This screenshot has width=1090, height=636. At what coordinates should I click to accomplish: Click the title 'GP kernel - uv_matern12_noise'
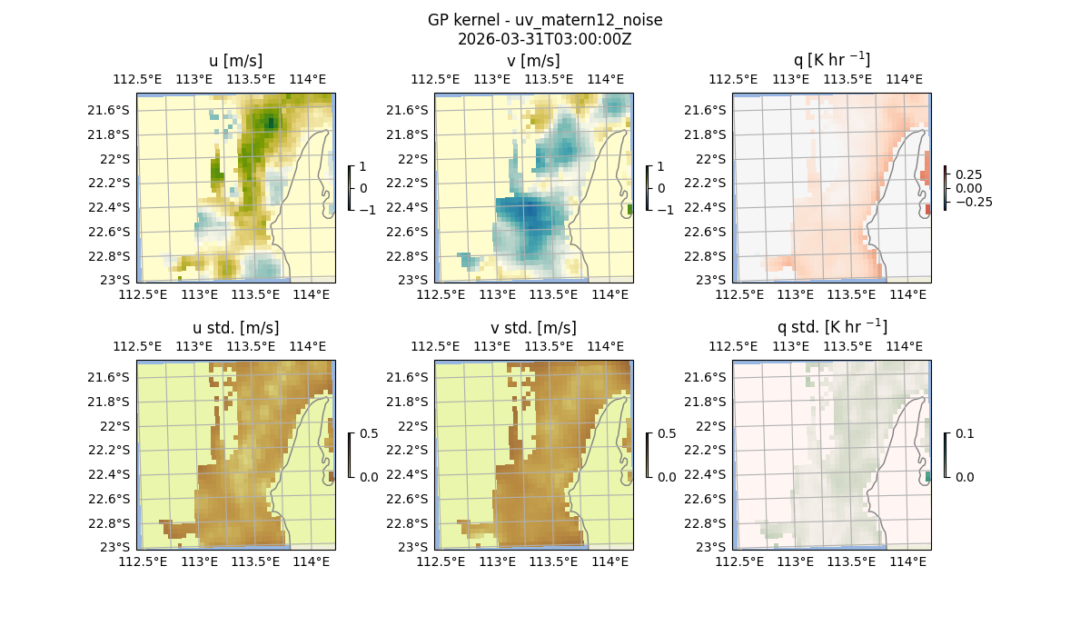coord(545,20)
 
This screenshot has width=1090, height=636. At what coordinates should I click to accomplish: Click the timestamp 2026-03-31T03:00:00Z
coord(545,39)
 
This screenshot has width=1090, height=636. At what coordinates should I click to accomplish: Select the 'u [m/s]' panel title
coord(236,61)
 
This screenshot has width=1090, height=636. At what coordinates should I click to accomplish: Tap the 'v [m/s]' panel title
coord(534,61)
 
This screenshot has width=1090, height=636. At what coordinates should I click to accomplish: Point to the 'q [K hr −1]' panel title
coord(831,60)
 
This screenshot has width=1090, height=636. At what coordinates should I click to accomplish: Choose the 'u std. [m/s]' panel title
coord(236,328)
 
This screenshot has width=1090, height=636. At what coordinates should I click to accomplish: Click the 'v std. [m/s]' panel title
coord(534,328)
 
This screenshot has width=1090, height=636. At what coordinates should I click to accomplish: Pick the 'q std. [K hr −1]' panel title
coord(831,327)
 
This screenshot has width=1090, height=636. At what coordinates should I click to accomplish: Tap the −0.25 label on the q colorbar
coord(973,202)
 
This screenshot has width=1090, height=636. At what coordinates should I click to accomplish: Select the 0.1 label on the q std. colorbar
coord(964,433)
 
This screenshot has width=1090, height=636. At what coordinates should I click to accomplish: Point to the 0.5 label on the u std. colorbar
coord(368,433)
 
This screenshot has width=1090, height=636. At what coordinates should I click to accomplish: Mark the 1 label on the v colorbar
coord(660,166)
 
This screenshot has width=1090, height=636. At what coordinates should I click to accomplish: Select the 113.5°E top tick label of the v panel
coord(550,79)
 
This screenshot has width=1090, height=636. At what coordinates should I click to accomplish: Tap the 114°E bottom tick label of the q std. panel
coord(908,562)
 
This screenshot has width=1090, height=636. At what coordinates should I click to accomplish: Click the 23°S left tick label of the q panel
coord(710,280)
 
